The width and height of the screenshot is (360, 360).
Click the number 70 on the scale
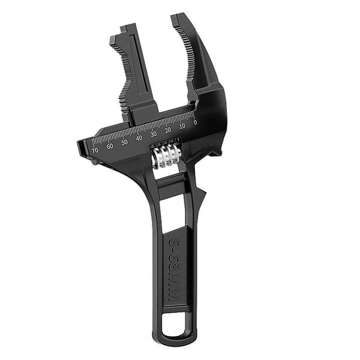(95, 150)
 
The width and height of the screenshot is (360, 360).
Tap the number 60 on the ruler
(110, 146)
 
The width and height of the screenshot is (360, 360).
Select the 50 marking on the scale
(124, 142)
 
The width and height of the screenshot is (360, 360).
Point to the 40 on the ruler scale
(139, 138)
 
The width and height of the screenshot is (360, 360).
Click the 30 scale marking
(154, 134)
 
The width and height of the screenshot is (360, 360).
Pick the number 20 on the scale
(168, 130)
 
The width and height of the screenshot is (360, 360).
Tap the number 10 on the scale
(182, 126)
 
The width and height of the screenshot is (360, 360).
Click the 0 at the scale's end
(195, 122)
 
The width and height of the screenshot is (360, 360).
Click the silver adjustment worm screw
(165, 155)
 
